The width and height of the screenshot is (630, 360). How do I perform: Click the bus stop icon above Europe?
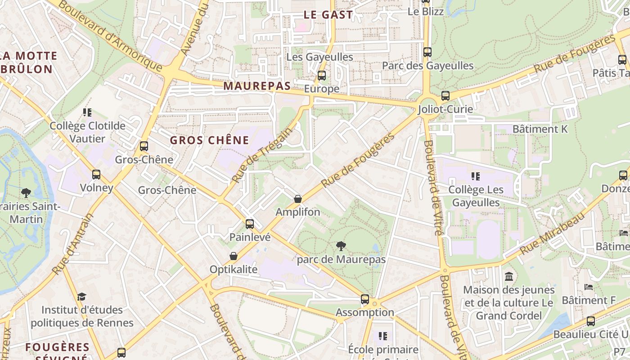tap(321, 75)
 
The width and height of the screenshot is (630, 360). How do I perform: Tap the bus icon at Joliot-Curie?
tap(445, 95)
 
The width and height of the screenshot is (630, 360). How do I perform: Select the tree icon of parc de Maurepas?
tap(341, 246)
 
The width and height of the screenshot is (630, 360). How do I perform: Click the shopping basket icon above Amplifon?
tap(297, 198)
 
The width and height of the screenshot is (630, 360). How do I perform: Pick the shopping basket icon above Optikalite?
tap(233, 256)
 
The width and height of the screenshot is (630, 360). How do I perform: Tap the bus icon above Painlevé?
tap(249, 224)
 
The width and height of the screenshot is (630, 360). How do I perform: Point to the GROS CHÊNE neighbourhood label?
tap(209, 140)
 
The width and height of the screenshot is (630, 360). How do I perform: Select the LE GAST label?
tap(328, 14)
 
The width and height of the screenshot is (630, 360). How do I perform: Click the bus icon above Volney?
tap(96, 174)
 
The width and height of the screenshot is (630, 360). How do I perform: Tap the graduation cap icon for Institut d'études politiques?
tap(81, 297)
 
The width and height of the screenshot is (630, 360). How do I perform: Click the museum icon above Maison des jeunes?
tap(508, 276)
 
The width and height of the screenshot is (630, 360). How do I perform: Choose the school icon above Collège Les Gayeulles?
tap(475, 176)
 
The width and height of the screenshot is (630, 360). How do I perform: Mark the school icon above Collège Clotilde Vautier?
tap(87, 112)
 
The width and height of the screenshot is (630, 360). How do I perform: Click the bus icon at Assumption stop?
tap(364, 299)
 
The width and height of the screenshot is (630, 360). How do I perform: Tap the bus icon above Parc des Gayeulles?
tap(427, 52)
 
